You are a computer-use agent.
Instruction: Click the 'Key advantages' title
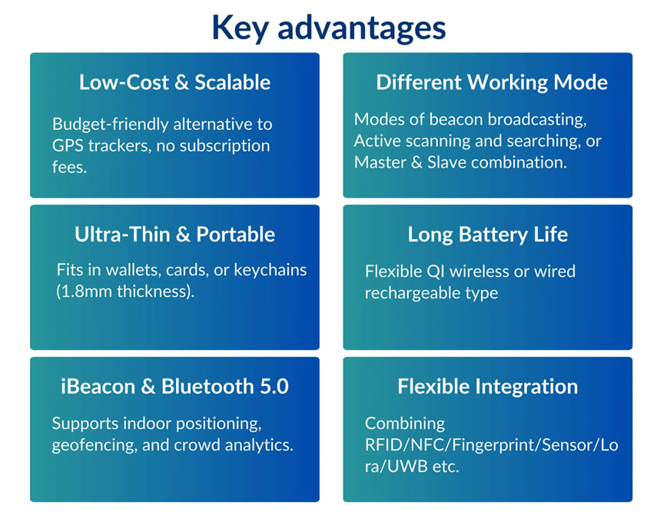coord(329,28)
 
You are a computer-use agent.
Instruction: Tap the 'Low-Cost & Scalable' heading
coord(174,82)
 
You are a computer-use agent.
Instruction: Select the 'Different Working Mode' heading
coord(492,82)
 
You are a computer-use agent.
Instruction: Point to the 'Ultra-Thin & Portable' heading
coord(174,235)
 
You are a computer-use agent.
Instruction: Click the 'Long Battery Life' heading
coord(488,235)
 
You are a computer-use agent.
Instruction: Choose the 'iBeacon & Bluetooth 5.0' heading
coord(174,387)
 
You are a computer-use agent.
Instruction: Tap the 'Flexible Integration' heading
coord(488,387)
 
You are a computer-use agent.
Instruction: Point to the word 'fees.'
coord(70,167)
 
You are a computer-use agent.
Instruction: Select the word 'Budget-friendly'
coord(110,125)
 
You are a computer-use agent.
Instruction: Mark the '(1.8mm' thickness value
coord(85,291)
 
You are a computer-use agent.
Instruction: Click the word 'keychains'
coord(270,270)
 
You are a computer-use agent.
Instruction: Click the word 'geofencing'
coord(95,445)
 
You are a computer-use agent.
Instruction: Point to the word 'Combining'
coord(405,424)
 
